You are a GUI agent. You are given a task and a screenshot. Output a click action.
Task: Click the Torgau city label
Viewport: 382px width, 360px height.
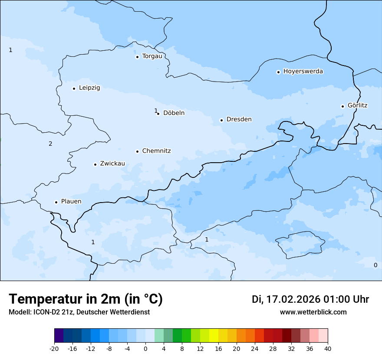[x=152, y=56]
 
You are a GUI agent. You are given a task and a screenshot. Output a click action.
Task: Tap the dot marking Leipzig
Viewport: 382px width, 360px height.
[x=74, y=88]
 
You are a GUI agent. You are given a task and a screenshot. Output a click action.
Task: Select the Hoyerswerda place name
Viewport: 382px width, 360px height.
[x=303, y=72]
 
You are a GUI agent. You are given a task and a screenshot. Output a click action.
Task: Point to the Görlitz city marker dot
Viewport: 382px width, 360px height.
[x=342, y=106]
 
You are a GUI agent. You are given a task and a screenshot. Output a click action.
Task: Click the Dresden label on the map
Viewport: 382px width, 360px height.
[x=239, y=119]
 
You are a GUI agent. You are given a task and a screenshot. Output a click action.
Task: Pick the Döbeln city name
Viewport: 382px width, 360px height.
[x=174, y=113]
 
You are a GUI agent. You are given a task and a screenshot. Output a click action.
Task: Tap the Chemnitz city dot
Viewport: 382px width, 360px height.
[x=137, y=151]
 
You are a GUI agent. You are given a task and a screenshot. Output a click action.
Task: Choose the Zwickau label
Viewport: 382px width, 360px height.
[x=112, y=164]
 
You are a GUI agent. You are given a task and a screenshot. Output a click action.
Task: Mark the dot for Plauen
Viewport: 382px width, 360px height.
[x=56, y=202]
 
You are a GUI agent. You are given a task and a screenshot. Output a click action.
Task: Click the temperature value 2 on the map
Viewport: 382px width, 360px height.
[x=50, y=144]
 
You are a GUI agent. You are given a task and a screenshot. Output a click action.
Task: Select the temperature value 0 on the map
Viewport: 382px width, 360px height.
[x=375, y=265]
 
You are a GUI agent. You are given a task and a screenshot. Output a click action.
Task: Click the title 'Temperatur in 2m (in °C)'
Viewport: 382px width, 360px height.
[x=86, y=299]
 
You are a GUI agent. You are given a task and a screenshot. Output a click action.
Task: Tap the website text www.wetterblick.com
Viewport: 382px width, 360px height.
[x=313, y=312]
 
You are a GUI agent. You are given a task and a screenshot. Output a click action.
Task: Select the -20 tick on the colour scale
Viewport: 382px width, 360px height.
[x=54, y=348]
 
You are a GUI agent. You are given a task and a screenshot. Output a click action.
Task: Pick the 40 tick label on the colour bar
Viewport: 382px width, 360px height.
[x=328, y=348]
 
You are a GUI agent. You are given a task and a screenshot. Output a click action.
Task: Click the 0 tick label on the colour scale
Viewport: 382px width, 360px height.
[x=145, y=348]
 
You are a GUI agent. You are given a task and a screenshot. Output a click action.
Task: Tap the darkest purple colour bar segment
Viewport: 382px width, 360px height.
[x=59, y=336]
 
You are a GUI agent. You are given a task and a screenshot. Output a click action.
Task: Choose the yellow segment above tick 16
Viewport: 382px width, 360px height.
[x=214, y=336]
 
